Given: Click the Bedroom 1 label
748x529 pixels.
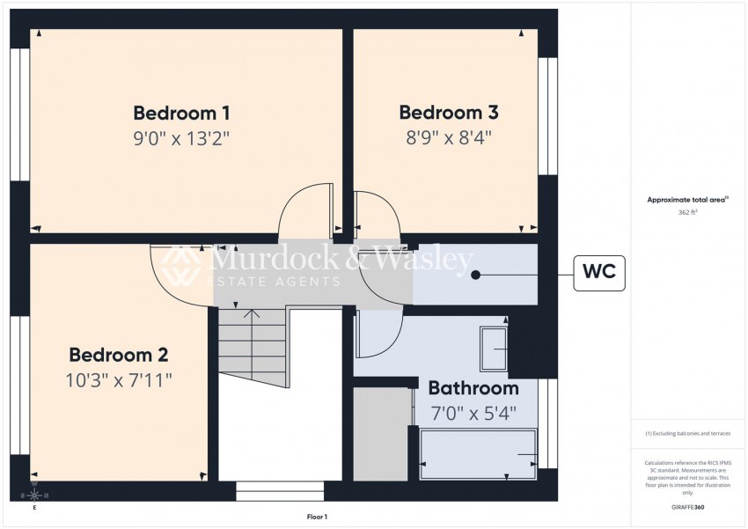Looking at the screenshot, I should tap(181, 113).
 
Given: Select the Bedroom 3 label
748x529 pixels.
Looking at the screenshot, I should tap(449, 113).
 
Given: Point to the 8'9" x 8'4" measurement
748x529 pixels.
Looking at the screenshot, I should tap(449, 137).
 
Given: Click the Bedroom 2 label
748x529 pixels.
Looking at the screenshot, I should tap(119, 355).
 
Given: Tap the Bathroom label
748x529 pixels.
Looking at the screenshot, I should tap(473, 388).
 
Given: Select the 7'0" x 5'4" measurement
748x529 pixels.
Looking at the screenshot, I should tap(473, 411).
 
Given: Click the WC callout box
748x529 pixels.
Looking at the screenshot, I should tap(599, 274).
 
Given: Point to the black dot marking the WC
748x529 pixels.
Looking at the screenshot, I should tap(476, 275).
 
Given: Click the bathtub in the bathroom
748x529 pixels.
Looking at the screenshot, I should tap(479, 454).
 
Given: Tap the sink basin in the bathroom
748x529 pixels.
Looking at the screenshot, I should tap(493, 350).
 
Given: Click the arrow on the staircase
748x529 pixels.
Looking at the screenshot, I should tap(252, 313).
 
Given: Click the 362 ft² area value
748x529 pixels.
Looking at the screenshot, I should tap(687, 213).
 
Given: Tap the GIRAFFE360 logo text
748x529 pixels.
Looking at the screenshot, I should tap(687, 507).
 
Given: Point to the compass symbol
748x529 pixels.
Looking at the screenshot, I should tap(34, 496).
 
